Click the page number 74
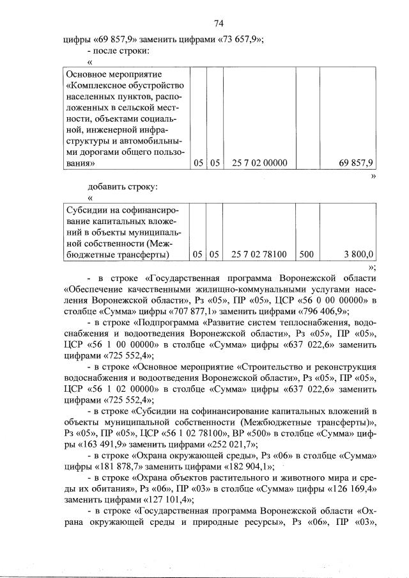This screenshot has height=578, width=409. pyautogui.click(x=218, y=24)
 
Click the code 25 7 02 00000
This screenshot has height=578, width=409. pyautogui.click(x=260, y=163)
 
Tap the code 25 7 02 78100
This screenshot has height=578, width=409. pyautogui.click(x=260, y=254)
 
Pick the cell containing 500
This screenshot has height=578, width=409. pyautogui.click(x=306, y=254)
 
